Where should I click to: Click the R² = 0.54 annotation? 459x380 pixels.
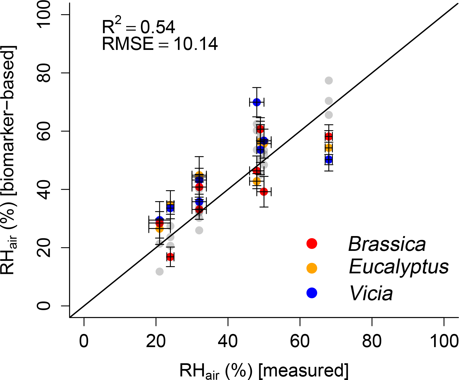(x=138, y=27)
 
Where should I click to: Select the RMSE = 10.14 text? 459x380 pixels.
(x=160, y=44)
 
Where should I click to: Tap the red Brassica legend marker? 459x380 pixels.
(x=312, y=243)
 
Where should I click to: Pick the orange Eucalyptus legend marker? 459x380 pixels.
(x=312, y=268)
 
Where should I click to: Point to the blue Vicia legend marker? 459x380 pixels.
(x=312, y=293)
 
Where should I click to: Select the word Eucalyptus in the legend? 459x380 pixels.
(x=399, y=267)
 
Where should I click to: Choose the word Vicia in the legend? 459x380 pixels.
(x=371, y=293)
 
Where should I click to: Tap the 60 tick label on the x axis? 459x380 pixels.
(x=300, y=341)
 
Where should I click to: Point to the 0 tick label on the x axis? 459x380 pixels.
(x=84, y=341)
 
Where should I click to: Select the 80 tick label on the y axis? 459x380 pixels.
(x=44, y=73)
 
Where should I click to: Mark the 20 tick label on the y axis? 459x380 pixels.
(x=44, y=248)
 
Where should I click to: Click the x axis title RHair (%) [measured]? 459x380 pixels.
(x=264, y=371)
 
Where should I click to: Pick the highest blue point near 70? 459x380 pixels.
(x=257, y=102)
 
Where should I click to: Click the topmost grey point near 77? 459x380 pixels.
(x=329, y=81)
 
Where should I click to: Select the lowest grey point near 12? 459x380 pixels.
(x=160, y=272)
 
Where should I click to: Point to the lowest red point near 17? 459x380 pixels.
(x=170, y=257)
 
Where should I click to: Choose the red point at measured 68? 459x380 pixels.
(x=329, y=136)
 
